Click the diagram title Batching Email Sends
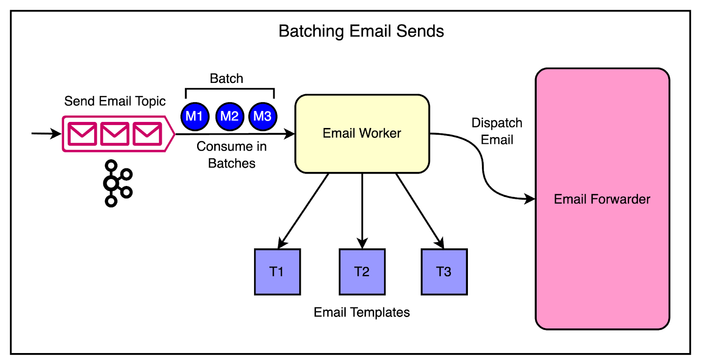coord(361,32)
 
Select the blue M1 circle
coord(195,116)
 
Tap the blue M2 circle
coord(230,116)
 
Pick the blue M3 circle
coord(262,116)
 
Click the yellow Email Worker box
coord(362,133)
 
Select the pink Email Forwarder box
coord(602,199)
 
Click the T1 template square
coord(277,271)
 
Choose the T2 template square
coord(362,271)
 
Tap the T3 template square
coord(444,271)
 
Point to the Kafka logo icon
coord(117,183)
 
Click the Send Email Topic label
coord(115,101)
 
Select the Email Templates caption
coord(361,312)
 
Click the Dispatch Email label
coord(497,131)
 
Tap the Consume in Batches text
coord(231,154)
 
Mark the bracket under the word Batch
coord(230,89)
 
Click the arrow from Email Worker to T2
coord(362,211)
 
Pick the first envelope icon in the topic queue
coord(82,134)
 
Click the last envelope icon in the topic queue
coord(147,134)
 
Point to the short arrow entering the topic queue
coord(46,133)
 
